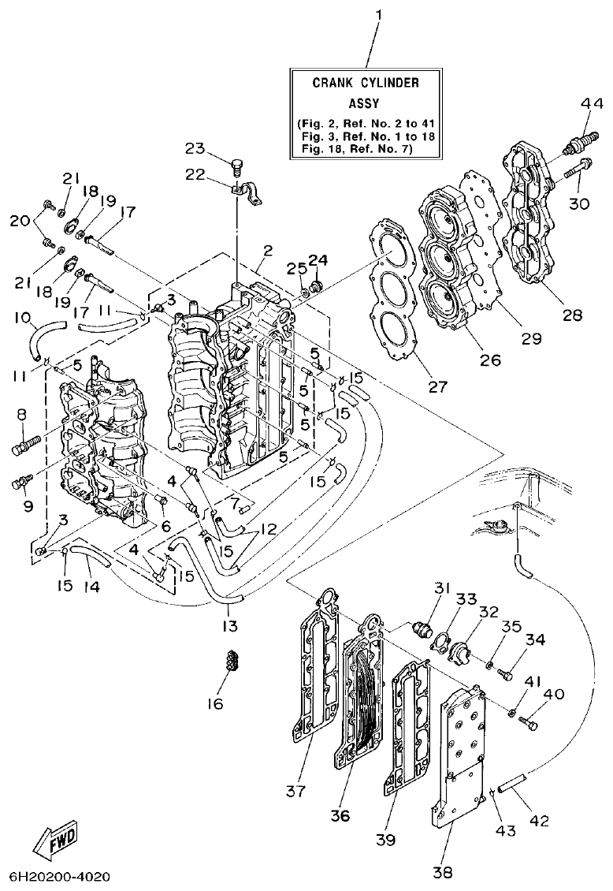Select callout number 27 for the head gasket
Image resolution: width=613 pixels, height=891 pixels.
pyautogui.click(x=437, y=386)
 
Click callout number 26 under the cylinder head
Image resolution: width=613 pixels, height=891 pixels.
pyautogui.click(x=490, y=360)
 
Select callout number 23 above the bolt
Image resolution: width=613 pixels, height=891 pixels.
pyautogui.click(x=195, y=148)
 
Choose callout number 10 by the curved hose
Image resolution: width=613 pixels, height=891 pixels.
pyautogui.click(x=22, y=319)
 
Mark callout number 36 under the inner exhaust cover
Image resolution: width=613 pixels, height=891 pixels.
pyautogui.click(x=340, y=815)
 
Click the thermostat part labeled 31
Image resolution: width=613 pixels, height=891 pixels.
pyautogui.click(x=423, y=629)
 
